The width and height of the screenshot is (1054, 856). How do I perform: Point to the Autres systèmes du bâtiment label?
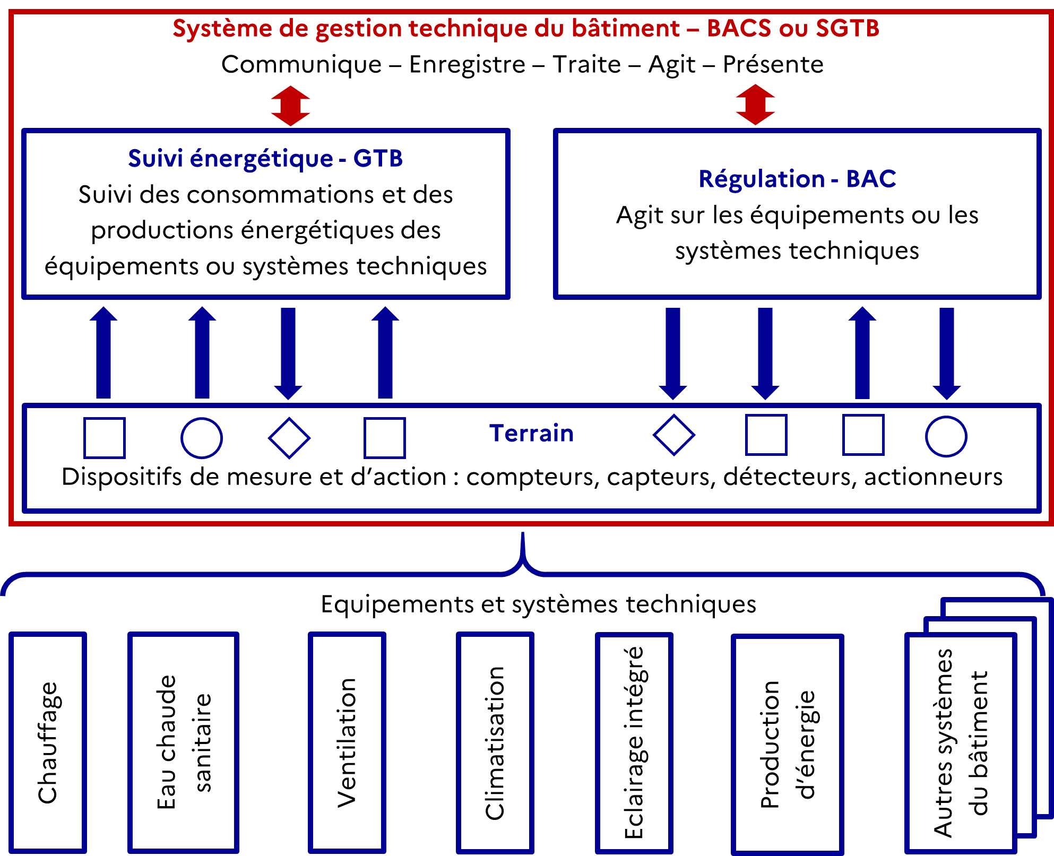pos(961,743)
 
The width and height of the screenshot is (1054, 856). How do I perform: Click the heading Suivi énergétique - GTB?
pos(265,158)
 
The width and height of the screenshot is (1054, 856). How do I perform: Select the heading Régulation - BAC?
pos(797,179)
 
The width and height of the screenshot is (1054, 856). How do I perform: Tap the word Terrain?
pos(531,433)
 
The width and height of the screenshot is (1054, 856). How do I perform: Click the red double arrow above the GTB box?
pos(290,106)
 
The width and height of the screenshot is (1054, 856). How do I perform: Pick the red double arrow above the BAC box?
pos(756,105)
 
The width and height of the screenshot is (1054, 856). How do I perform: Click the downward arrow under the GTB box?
pos(288,353)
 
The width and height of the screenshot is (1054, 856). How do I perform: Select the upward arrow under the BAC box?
pos(862,352)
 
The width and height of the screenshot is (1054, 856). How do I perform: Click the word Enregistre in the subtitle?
pos(467,65)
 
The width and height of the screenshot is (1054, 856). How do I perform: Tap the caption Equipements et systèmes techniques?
pos(539,604)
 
